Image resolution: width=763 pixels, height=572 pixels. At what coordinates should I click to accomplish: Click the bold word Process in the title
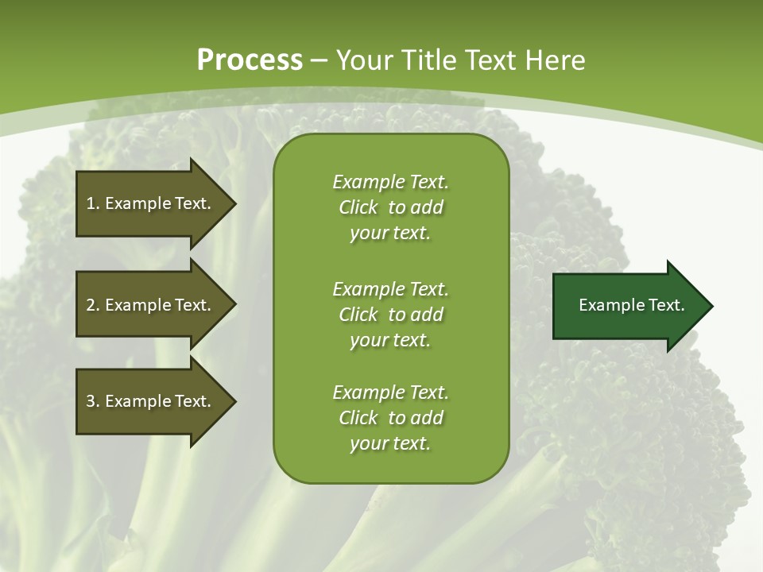250,60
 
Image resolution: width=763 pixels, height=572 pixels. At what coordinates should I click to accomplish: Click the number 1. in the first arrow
92,203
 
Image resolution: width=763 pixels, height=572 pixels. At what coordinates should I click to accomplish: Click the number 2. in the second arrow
92,305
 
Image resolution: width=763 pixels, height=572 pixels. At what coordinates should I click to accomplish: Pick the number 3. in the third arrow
92,401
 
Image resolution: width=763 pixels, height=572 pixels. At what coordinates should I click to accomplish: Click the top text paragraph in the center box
390,207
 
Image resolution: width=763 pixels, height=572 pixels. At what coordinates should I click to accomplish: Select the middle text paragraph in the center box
390,315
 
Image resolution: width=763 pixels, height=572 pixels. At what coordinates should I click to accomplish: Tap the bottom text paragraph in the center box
390,418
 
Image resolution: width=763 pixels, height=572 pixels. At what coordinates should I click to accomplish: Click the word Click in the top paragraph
358,207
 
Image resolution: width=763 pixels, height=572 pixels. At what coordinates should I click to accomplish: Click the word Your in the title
363,60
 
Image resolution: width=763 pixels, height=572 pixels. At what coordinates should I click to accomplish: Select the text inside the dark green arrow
631,305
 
